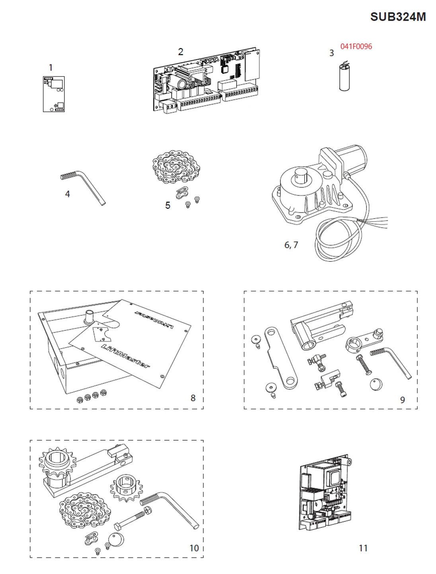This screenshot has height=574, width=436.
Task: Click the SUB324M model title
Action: (x=397, y=17)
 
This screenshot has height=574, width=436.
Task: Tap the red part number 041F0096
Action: (x=356, y=47)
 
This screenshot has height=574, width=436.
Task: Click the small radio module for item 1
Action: (x=54, y=94)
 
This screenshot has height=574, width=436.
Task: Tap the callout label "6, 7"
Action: (x=291, y=245)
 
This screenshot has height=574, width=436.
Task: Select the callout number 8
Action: (x=193, y=398)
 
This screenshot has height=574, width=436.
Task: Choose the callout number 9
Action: (x=402, y=400)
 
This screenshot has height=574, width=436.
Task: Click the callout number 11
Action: (x=363, y=548)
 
